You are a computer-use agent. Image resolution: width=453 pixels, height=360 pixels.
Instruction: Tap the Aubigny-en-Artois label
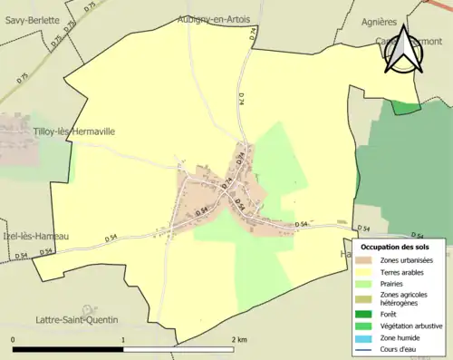215,19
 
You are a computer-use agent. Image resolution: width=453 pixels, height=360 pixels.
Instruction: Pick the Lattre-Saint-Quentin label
73,319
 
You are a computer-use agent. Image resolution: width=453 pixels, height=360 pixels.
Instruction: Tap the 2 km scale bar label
240,339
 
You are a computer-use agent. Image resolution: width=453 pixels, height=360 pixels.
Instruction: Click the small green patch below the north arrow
407,108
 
